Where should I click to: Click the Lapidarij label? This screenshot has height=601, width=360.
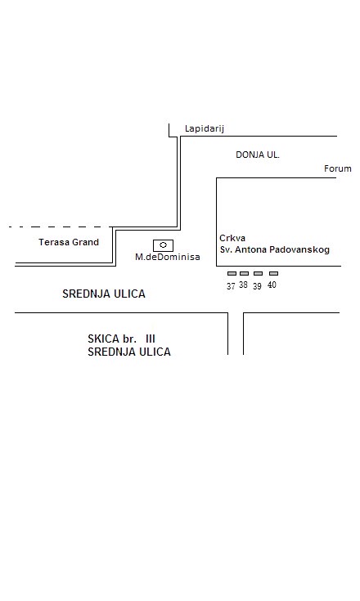pyautogui.click(x=204, y=129)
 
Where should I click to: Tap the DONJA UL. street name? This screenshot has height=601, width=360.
pyautogui.click(x=257, y=155)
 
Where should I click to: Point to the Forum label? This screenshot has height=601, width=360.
pyautogui.click(x=337, y=168)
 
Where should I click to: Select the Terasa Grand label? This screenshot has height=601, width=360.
pyautogui.click(x=69, y=242)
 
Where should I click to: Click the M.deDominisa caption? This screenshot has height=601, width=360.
pyautogui.click(x=167, y=257)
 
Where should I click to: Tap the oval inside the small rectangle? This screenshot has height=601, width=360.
pyautogui.click(x=164, y=245)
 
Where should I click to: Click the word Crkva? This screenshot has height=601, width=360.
pyautogui.click(x=232, y=238)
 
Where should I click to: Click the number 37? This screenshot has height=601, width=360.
pyautogui.click(x=231, y=286)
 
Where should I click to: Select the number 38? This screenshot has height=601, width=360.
pyautogui.click(x=244, y=285)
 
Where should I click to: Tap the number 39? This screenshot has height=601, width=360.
pyautogui.click(x=257, y=286)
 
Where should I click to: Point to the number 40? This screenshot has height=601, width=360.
pyautogui.click(x=272, y=285)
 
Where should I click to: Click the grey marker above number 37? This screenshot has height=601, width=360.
pyautogui.click(x=232, y=274)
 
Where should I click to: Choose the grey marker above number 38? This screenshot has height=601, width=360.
pyautogui.click(x=244, y=274)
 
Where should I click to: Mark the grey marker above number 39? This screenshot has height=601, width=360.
pyautogui.click(x=258, y=274)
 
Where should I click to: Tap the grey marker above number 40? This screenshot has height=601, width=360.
pyautogui.click(x=273, y=274)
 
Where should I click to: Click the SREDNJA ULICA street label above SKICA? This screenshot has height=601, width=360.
pyautogui.click(x=104, y=294)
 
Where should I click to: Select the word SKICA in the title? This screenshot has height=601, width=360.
pyautogui.click(x=104, y=339)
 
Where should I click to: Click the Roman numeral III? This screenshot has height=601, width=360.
pyautogui.click(x=151, y=339)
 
